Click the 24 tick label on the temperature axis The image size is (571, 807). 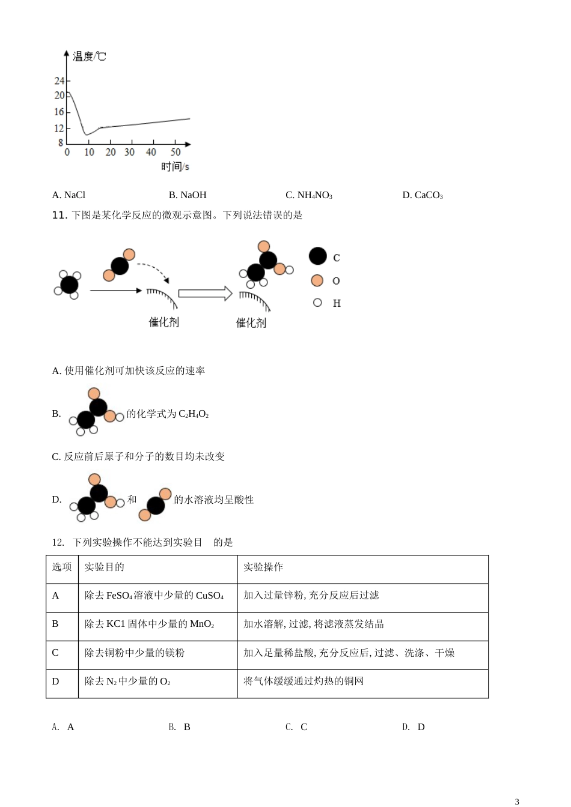tap(59, 80)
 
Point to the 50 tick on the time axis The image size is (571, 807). tap(176, 152)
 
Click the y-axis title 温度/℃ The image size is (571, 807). tap(89, 56)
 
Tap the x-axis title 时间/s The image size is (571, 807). tap(175, 166)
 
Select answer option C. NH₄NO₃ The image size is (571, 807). tap(309, 195)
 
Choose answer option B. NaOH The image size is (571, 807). tap(188, 195)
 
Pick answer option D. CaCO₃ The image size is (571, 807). tap(423, 195)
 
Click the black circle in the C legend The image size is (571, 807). tap(318, 256)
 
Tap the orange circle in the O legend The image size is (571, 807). tap(317, 280)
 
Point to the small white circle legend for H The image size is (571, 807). tap(317, 303)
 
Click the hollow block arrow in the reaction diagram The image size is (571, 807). tap(205, 294)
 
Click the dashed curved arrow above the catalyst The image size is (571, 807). tap(153, 270)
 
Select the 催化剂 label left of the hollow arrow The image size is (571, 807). tap(164, 322)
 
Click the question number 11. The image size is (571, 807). tap(59, 215)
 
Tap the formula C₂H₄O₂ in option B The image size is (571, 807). tap(194, 414)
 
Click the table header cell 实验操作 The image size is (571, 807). tap(263, 567)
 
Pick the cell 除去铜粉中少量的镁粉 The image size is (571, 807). tap(135, 653)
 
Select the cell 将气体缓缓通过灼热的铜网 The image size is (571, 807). tap(304, 681)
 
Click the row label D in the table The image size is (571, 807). tap(56, 681)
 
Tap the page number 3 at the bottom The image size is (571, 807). tap(517, 801)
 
